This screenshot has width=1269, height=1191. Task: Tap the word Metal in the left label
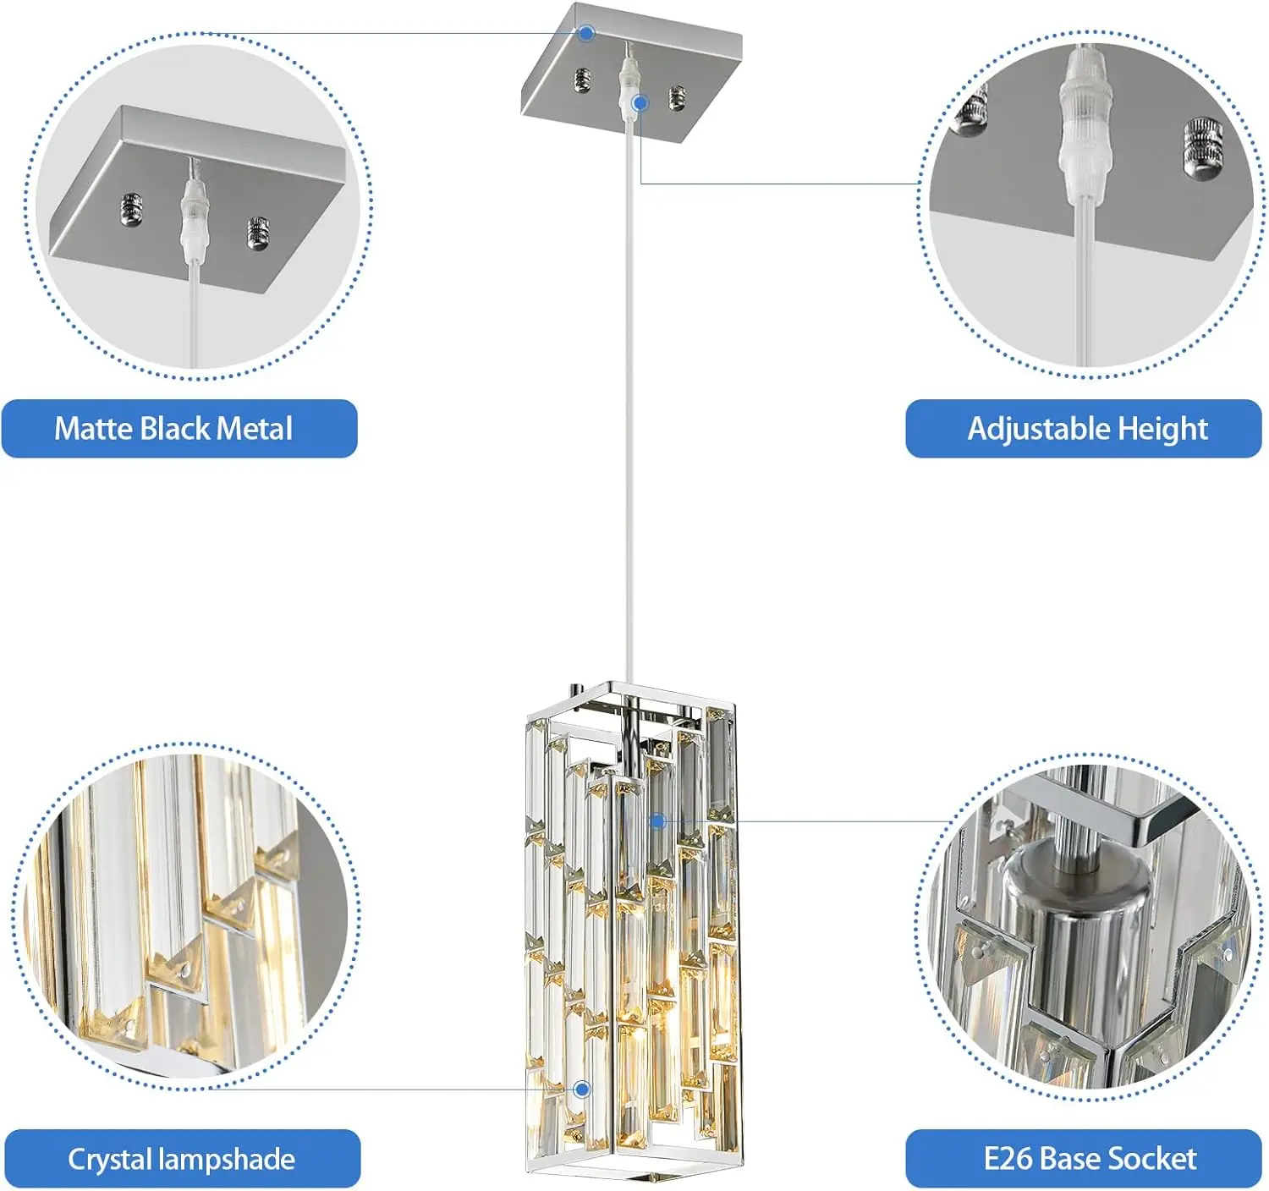click(254, 429)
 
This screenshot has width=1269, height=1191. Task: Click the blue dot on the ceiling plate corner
click(586, 33)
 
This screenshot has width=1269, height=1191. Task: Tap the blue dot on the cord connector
click(640, 103)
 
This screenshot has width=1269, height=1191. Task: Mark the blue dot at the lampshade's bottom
click(582, 1089)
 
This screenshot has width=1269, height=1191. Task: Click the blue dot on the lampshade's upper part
click(658, 821)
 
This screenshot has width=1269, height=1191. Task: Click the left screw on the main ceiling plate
click(582, 80)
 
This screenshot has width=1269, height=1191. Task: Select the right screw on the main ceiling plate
click(677, 97)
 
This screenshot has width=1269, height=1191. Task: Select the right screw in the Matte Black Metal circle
click(258, 233)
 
